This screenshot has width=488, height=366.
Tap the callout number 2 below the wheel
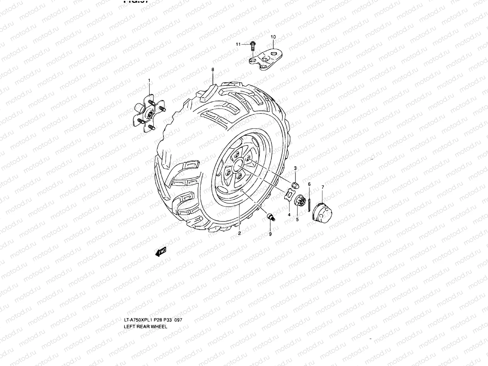pyautogui.click(x=239, y=233)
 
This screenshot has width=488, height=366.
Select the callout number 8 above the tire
pyautogui.click(x=213, y=70)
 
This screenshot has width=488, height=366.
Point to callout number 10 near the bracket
pyautogui.click(x=273, y=37)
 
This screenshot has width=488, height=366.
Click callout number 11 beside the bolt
pyautogui.click(x=238, y=44)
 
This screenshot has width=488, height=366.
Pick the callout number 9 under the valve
pyautogui.click(x=270, y=234)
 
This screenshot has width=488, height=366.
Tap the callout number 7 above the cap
pyautogui.click(x=323, y=187)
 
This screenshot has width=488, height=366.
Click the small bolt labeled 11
pyautogui.click(x=253, y=46)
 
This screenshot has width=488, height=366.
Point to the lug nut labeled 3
pyautogui.click(x=295, y=185)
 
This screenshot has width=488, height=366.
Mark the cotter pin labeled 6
pyautogui.click(x=310, y=202)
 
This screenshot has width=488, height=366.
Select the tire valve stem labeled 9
pyautogui.click(x=270, y=217)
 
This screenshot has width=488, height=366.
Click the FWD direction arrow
pyautogui.click(x=160, y=252)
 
